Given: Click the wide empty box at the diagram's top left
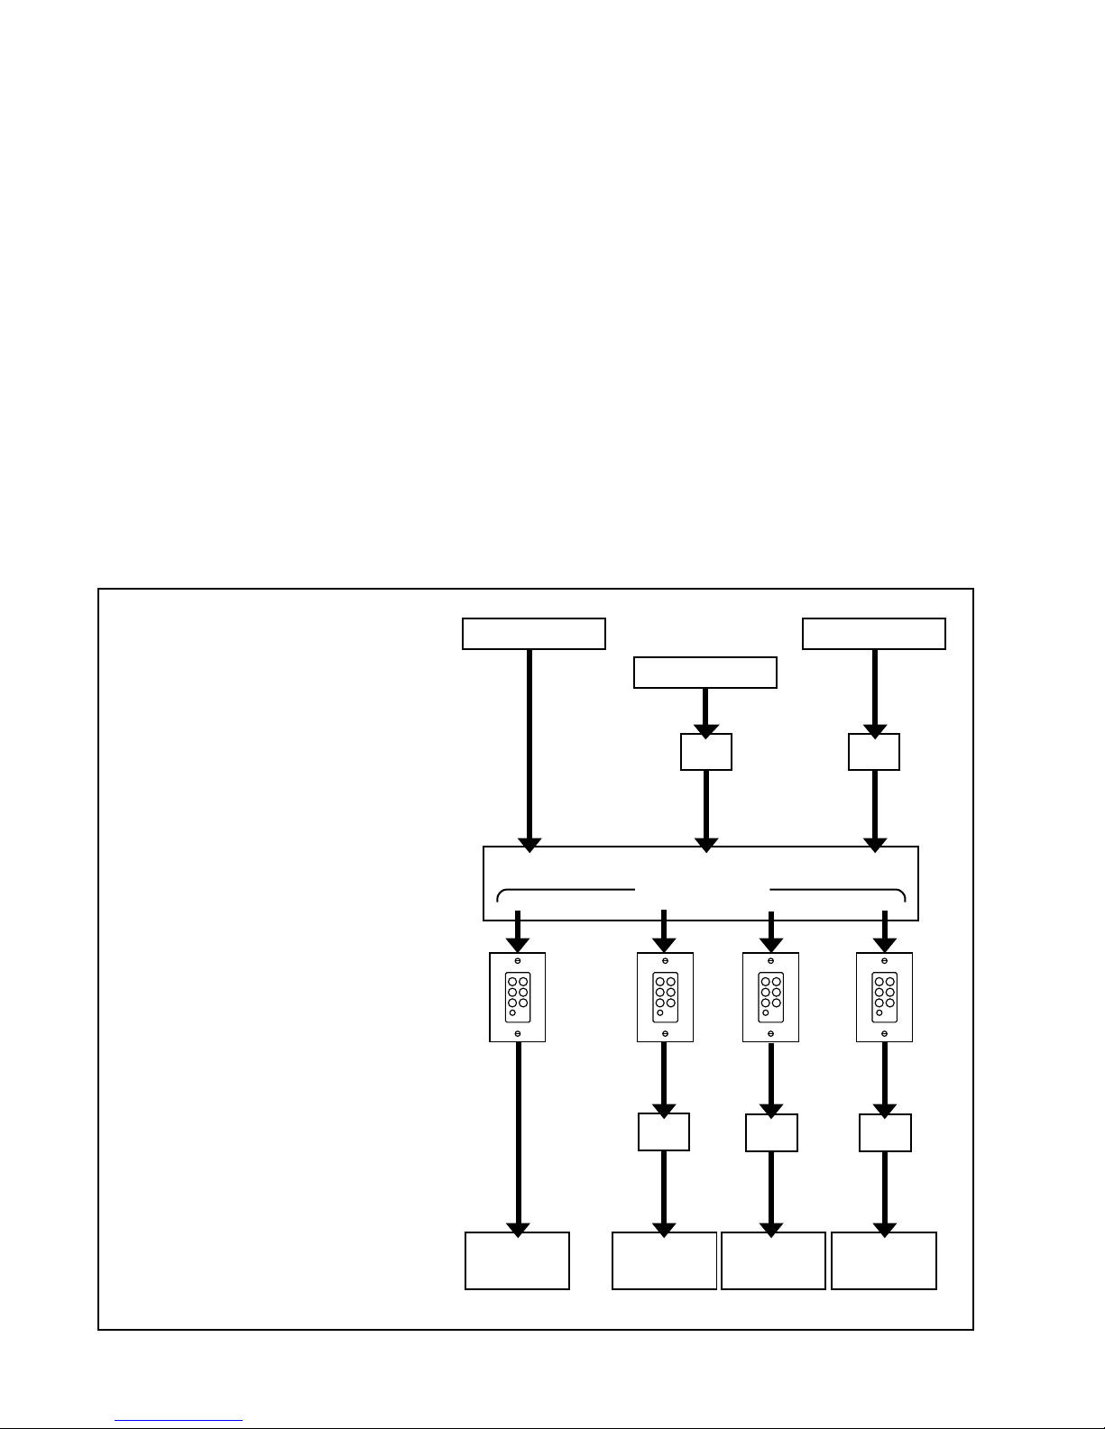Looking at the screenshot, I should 533,634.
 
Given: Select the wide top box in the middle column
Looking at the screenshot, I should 704,673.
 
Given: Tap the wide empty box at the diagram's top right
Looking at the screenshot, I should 873,634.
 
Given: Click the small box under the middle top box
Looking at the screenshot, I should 705,752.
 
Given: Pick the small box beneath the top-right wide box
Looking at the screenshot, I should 873,752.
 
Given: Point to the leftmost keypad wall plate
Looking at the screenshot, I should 517,997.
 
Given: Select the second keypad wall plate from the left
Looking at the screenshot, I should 665,997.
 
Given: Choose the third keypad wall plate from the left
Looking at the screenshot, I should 770,997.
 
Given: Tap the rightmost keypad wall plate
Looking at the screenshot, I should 884,997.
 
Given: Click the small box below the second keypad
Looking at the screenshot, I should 664,1132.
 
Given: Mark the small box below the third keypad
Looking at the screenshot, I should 771,1133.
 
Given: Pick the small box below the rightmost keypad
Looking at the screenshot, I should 885,1133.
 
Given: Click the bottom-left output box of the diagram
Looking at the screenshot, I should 517,1260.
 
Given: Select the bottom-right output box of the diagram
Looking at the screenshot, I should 884,1260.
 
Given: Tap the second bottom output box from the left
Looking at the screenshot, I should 664,1260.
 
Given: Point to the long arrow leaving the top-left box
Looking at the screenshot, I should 529,744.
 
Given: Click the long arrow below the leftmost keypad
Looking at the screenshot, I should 518,1136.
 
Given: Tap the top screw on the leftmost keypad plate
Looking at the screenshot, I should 517,961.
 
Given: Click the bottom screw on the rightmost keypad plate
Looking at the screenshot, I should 884,1033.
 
